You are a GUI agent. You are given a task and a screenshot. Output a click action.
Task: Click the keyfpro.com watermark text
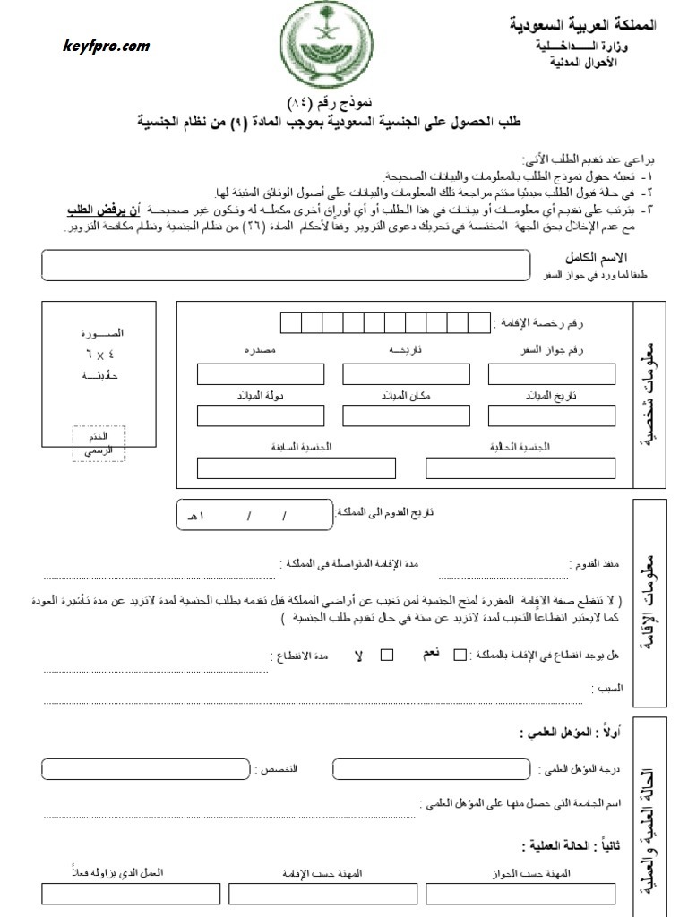click(107, 47)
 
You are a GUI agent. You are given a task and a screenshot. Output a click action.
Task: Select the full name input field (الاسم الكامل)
click(286, 264)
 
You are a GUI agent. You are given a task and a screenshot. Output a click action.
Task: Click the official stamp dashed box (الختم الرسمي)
click(99, 443)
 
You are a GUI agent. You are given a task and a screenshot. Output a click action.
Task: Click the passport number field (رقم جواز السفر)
click(551, 374)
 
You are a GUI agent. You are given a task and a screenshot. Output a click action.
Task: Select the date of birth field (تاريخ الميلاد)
click(551, 416)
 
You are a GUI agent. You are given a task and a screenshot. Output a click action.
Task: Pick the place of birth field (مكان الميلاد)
click(406, 416)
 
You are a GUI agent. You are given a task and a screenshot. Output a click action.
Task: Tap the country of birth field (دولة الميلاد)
click(260, 416)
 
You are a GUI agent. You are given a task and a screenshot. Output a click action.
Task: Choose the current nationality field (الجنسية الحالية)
click(520, 467)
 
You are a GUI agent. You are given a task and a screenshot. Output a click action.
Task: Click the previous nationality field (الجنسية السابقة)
click(296, 467)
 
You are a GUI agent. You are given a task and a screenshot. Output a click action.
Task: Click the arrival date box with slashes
click(254, 514)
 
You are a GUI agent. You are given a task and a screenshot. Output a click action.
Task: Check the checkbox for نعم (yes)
click(460, 655)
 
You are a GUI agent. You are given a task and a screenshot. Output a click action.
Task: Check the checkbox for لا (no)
click(387, 655)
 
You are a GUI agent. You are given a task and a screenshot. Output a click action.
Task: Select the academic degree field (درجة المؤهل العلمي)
click(434, 769)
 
